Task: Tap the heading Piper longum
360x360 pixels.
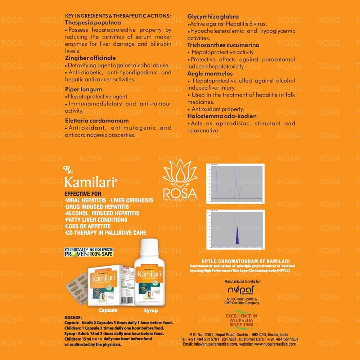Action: pos(84,89)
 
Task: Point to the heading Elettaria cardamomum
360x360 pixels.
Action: pos(97,121)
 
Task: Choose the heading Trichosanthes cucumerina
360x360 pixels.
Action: pos(223,45)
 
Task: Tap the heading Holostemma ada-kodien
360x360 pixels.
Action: pos(222,116)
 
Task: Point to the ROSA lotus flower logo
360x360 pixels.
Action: pos(180,172)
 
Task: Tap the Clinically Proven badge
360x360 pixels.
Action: pos(89,252)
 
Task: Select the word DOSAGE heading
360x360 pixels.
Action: pos(74,318)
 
